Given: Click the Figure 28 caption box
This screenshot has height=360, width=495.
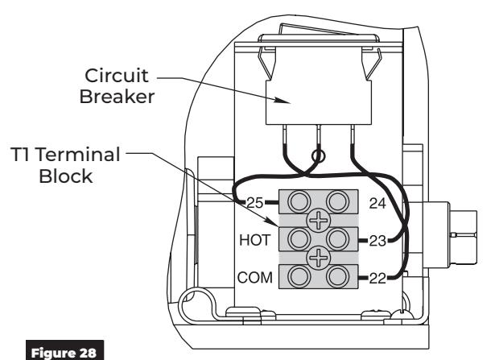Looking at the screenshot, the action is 64,350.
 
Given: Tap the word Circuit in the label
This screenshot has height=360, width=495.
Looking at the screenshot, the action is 117,76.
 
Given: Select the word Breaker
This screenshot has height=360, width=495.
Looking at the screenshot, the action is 117,97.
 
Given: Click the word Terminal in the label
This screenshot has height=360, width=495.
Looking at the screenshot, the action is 78,155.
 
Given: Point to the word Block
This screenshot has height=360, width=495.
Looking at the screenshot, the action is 66,176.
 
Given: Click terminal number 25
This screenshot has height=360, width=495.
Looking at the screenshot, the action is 254,203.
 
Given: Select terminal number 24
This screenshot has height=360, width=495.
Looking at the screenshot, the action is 377,204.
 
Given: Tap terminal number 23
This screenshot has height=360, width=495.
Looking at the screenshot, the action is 377,241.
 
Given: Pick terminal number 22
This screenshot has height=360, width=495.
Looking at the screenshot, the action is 377,278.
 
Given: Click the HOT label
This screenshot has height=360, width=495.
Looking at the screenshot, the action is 255,240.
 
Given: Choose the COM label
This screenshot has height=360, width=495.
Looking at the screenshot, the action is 255,278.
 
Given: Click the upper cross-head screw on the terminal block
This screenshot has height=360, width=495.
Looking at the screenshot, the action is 318,220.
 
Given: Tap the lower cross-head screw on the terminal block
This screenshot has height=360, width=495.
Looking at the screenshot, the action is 318,258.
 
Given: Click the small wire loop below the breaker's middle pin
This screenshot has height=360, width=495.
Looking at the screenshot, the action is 318,155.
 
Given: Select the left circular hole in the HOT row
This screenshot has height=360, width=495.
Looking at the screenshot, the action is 299,239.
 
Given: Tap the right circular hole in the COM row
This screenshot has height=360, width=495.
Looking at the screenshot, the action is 337,276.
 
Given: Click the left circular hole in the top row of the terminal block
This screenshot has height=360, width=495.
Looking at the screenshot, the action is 299,201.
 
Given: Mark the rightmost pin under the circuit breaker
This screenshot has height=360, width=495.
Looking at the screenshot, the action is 352,134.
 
